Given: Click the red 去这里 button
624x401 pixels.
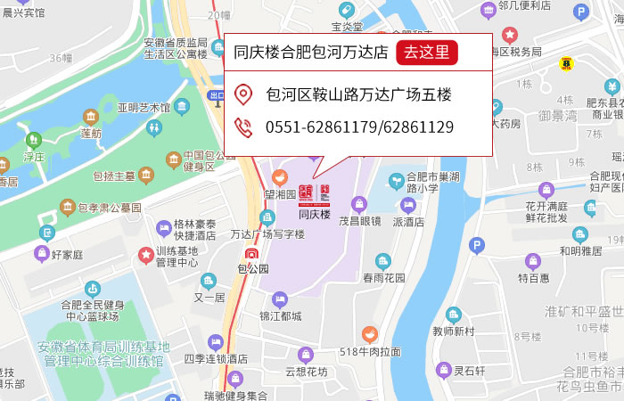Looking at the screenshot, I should (x=426, y=52).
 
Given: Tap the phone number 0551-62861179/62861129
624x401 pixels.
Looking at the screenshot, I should (x=359, y=127).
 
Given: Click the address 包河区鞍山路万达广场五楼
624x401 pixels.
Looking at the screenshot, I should (x=358, y=94).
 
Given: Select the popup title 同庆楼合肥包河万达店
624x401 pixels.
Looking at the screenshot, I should (x=310, y=52).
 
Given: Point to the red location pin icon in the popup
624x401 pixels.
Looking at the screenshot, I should (x=243, y=94).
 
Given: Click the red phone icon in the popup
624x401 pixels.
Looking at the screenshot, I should (x=243, y=127).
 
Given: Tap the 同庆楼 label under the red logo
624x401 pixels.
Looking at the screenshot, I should (x=314, y=215).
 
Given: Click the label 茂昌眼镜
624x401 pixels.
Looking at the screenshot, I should (x=359, y=221).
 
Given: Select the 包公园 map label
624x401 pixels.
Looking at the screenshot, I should (x=252, y=267).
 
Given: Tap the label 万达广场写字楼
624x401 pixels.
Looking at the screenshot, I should (x=267, y=235).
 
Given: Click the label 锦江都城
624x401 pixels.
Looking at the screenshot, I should (x=280, y=315).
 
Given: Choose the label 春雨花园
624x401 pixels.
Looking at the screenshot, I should (x=383, y=277).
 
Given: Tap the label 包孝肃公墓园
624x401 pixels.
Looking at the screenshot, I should (x=109, y=208).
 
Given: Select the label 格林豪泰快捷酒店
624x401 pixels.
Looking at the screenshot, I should (x=194, y=230).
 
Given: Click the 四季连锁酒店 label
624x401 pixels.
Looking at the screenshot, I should (x=215, y=358).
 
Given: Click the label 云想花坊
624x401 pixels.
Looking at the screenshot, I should (x=306, y=372).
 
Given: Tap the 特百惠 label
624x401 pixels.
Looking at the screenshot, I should (x=533, y=278).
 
